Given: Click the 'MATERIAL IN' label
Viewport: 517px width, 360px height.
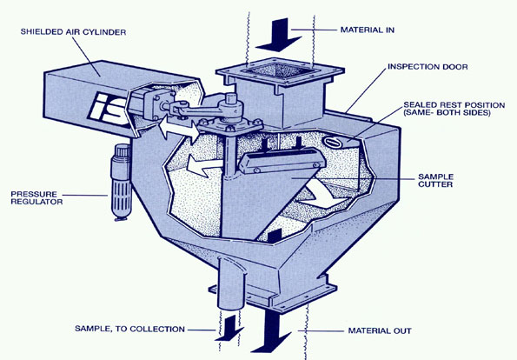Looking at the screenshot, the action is point(368,30).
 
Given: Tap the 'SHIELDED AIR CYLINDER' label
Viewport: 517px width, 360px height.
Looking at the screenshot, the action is point(73,32).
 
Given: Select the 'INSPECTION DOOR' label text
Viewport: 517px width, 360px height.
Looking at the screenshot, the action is point(428,67).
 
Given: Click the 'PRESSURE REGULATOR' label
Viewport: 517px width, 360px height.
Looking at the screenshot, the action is point(36,197).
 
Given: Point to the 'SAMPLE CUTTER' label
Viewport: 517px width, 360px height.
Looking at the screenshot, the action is point(435,181).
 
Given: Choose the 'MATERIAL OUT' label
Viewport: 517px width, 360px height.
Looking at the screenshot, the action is point(380,330).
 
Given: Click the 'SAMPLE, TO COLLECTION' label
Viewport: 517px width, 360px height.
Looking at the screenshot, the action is point(129,329).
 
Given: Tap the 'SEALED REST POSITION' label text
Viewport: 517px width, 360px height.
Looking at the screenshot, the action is point(454,105).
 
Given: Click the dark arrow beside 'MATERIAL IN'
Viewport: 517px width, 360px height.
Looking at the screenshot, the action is point(279,36).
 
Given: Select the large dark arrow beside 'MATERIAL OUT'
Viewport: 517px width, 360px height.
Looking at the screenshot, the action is point(272,330).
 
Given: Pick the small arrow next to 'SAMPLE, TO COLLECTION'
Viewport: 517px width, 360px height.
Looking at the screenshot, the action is point(229,329).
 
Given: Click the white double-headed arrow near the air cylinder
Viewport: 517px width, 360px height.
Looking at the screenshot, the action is point(179,129).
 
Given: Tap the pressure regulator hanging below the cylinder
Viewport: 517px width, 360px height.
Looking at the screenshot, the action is point(121,182).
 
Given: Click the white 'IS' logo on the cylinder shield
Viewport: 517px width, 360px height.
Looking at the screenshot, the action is point(109,108).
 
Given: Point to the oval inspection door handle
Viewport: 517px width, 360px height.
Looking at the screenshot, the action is point(332,143).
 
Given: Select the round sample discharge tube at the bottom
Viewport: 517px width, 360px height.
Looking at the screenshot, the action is point(231,283).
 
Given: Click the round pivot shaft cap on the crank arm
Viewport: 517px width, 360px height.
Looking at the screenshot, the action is point(231,99).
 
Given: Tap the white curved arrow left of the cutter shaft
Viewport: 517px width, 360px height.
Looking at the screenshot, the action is point(202,165).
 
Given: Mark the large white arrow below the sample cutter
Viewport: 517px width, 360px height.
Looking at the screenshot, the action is point(321,196).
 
